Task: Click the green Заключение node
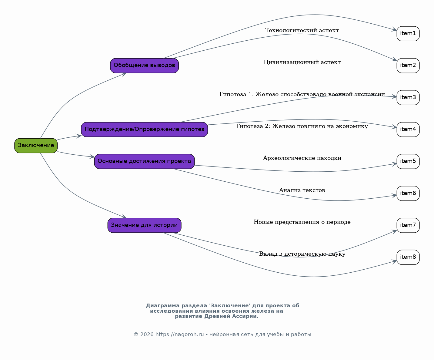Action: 36,146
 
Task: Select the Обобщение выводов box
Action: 145,66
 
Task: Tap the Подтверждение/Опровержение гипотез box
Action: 145,130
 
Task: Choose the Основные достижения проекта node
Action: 145,161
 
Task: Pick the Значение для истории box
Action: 145,225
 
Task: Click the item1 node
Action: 408,33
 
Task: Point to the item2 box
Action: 408,66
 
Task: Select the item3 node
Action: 408,98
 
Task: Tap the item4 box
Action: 408,130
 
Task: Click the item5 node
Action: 408,161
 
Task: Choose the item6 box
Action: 408,193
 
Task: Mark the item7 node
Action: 408,225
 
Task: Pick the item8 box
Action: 408,257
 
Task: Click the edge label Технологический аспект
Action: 302,30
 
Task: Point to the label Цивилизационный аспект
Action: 302,62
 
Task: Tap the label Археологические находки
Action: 302,158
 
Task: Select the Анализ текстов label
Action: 302,190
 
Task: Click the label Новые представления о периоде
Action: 302,222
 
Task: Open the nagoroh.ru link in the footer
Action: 180,335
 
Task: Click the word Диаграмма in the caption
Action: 163,305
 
